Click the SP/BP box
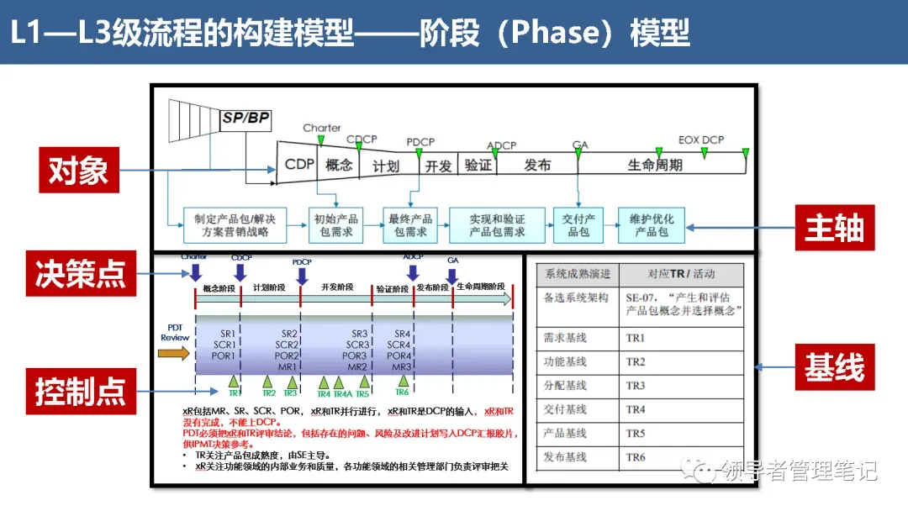tap(245, 119)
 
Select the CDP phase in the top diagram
tap(298, 165)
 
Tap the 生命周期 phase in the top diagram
tap(655, 165)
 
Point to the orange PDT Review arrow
tap(174, 354)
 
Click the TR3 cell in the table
tap(636, 386)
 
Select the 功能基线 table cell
tap(566, 362)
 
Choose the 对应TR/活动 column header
tap(681, 274)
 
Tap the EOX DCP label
tap(701, 140)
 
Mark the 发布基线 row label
tap(566, 458)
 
